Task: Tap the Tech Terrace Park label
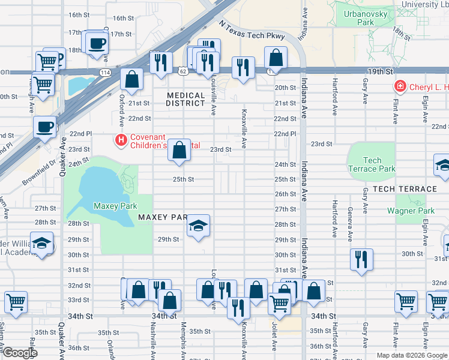[372, 164]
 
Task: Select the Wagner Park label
[411, 211]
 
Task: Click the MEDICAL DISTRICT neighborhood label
[186, 100]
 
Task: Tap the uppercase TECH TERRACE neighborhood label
[405, 189]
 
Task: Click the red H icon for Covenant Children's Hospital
[121, 140]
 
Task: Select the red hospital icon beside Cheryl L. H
[400, 87]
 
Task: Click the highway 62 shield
[182, 71]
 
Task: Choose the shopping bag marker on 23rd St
[179, 149]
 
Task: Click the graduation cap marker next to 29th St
[198, 226]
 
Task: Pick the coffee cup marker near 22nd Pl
[44, 127]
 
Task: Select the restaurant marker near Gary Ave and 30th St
[361, 259]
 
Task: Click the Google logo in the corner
[20, 353]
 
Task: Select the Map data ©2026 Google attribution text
[411, 355]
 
